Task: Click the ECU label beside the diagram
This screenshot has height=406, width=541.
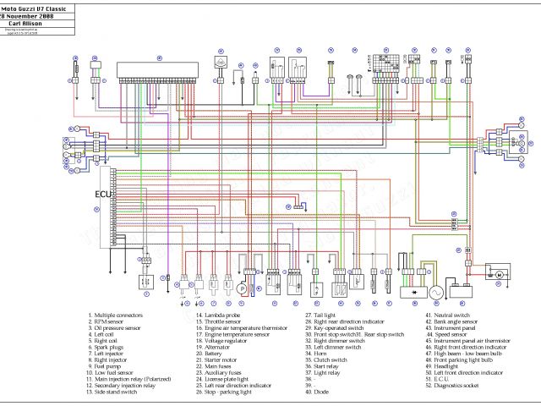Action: [101, 195]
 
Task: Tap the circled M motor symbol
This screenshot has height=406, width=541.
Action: [499, 274]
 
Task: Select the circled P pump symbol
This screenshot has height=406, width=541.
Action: [241, 288]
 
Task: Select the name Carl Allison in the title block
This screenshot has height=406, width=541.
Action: [36, 23]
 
